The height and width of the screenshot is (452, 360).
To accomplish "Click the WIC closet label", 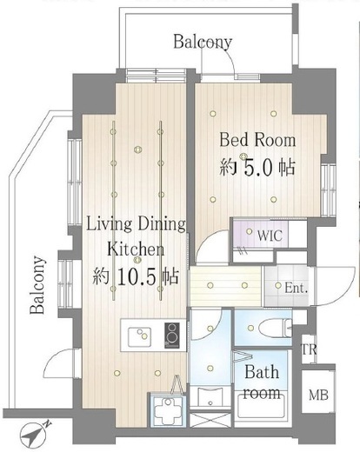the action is coord(270,236).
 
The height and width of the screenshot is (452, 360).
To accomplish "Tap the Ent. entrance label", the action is coord(296,288).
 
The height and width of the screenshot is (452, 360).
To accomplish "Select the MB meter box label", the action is coord(318,395).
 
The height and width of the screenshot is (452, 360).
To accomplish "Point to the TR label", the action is coord(310,349).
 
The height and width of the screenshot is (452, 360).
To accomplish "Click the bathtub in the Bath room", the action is coord(261,409).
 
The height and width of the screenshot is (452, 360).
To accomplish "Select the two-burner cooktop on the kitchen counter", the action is coord(172,336).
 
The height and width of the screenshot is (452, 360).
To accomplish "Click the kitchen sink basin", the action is coord(140,336).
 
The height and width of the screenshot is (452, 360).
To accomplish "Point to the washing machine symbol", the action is coord(167,409).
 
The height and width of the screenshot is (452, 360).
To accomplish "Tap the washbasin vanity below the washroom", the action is coord(210,397).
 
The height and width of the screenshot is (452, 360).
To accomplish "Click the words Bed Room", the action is coord(257,140).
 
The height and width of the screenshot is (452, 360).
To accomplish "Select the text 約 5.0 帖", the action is coord(257,167).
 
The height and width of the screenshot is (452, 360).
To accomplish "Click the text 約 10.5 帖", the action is coord(136,276).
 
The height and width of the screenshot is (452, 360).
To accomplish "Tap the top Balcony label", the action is coord(203,43).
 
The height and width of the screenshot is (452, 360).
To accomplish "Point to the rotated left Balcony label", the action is coord(37,285).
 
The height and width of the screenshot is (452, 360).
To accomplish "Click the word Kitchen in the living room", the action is coord(136,249).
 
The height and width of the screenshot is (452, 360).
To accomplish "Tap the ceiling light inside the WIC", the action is coord(250,231).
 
